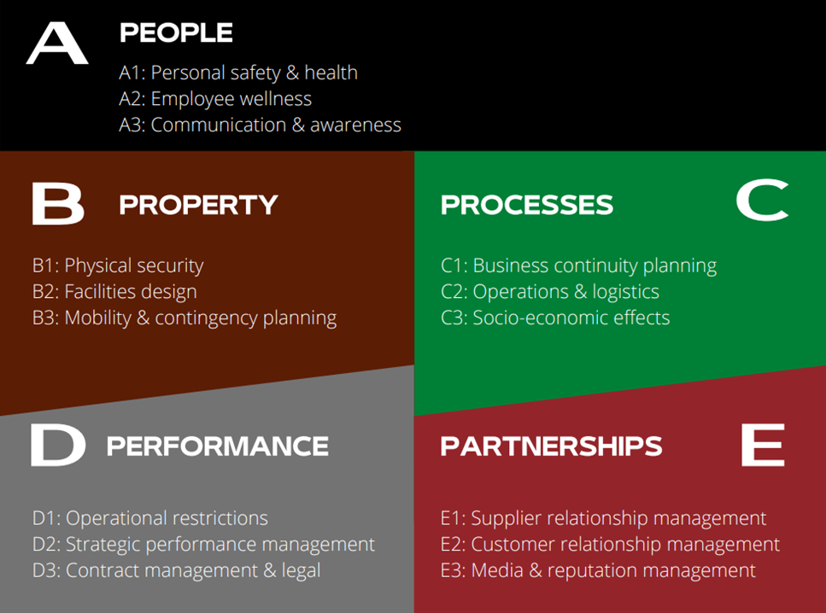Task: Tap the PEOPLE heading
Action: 176,32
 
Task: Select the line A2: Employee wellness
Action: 215,99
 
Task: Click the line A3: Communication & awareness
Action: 261,125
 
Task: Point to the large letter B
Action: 58,204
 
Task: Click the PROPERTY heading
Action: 198,205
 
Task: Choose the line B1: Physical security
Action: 118,266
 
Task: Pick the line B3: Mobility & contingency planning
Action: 185,318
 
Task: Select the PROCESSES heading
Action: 527,205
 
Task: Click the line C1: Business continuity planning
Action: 578,266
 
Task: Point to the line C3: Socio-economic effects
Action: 555,318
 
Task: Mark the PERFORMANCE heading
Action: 218,446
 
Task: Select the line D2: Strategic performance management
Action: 203,545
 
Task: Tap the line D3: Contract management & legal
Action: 177,571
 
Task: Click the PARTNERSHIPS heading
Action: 551,446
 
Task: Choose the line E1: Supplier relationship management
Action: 603,519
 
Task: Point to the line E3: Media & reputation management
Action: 598,571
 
